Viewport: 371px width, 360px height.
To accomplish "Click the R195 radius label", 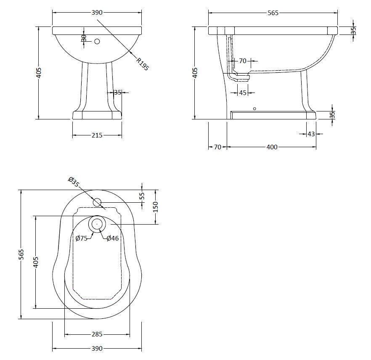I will click(x=143, y=64).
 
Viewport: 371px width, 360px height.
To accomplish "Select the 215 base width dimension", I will click(x=97, y=135).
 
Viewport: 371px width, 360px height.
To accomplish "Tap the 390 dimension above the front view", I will click(x=97, y=13).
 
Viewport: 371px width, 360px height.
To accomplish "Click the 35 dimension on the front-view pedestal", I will click(x=117, y=92).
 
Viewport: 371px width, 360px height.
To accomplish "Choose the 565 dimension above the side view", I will click(x=273, y=13).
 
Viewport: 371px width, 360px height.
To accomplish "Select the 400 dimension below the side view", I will click(x=272, y=147).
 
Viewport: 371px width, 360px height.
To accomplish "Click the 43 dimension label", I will click(x=311, y=134).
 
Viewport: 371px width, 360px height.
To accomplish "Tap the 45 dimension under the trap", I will click(x=242, y=93).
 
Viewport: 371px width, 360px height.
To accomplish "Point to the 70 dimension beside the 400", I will click(x=217, y=147).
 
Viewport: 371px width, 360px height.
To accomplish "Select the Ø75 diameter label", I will click(x=81, y=238).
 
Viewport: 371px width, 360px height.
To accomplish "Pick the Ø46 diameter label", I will click(x=112, y=238).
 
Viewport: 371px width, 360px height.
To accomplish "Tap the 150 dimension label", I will click(x=155, y=206).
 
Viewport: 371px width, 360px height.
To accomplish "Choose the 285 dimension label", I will click(x=97, y=335).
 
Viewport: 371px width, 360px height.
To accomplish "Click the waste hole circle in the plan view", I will click(x=97, y=224).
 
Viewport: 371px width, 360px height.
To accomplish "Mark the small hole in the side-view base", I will click(x=254, y=109).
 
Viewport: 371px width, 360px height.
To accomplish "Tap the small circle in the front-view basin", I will click(x=97, y=41).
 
